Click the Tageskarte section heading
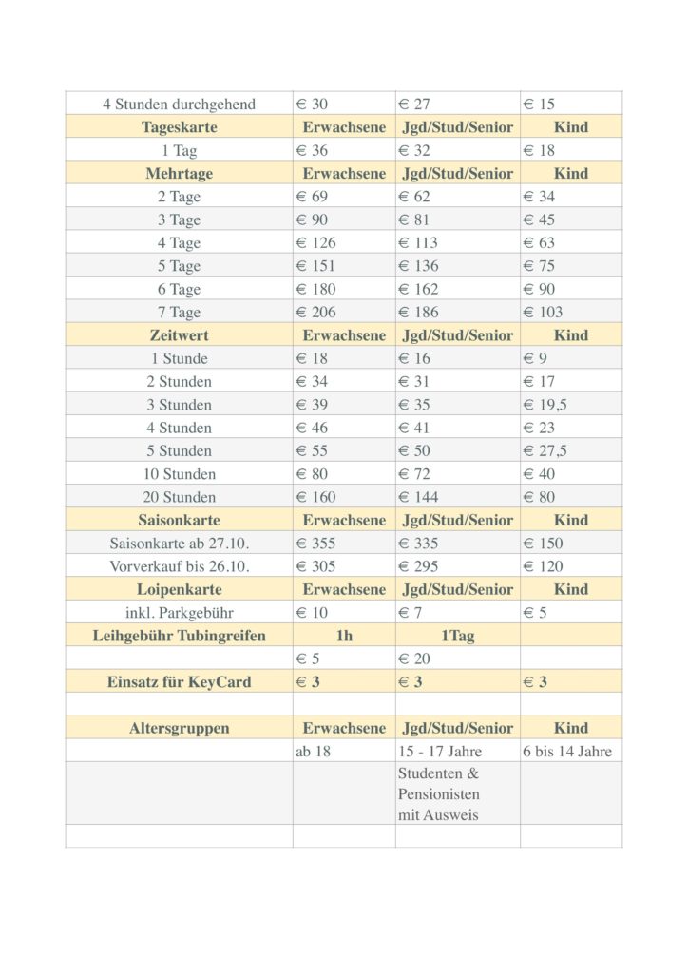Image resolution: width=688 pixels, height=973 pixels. coord(179,127)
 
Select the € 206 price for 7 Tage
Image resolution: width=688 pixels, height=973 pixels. coord(316,312)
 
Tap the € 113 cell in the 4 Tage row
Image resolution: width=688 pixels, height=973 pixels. coord(418,242)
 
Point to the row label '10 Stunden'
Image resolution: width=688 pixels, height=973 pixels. coord(179,473)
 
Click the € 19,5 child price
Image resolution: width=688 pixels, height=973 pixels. coord(545,404)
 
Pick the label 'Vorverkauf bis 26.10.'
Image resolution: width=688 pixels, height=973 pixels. coord(179,566)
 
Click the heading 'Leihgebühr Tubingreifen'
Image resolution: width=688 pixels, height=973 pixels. coord(179,636)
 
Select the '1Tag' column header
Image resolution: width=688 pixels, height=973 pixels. coord(457,636)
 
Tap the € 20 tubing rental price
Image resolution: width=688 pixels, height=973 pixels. coord(414,658)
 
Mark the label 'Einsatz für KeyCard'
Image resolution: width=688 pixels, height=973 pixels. coord(179,682)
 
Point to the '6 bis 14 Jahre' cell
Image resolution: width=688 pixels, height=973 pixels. coord(567,751)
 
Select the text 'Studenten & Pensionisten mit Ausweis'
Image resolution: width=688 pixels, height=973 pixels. coord(439,793)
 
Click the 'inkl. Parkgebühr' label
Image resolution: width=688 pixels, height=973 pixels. coord(179,613)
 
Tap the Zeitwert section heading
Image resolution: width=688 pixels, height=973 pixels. coord(179,335)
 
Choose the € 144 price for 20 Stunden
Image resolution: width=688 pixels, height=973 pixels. coord(418,497)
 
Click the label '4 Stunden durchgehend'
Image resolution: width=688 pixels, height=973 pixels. coord(179,104)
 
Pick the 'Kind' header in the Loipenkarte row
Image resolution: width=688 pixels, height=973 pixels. coord(571,589)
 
